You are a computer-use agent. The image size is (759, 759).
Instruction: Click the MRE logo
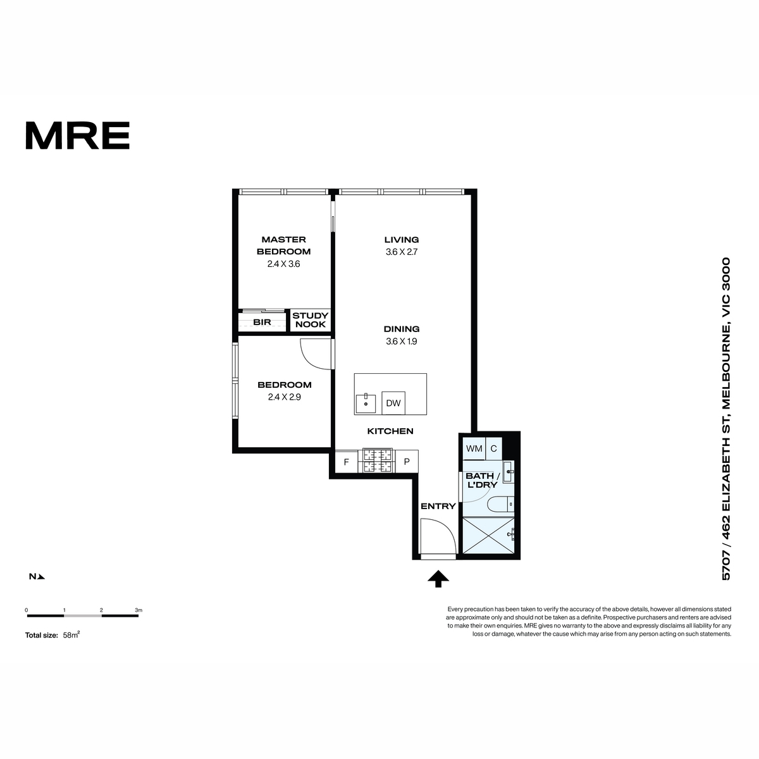point(78,135)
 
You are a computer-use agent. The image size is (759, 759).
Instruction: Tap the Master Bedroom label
point(283,245)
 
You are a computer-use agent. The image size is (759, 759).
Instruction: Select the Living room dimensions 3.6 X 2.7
point(402,252)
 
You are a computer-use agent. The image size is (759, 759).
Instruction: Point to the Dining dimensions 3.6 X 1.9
point(402,342)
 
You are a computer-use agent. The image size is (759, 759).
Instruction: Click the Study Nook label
point(311,320)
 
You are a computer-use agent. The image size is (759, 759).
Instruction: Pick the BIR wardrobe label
point(262,322)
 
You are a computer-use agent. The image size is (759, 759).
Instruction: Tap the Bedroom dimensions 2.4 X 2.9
point(285,397)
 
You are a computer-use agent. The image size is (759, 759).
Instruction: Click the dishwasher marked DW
point(393,402)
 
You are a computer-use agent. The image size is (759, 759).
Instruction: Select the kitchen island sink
point(366,404)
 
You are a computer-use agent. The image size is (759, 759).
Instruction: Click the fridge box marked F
point(346,462)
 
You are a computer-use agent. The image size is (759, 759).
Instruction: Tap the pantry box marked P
point(407,461)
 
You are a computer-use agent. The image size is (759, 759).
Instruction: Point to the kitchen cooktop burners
point(378,460)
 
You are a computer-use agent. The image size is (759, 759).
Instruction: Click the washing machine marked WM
point(474,448)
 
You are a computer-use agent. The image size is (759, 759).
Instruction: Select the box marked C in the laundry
point(493,448)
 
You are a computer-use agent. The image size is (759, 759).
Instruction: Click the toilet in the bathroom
point(500,504)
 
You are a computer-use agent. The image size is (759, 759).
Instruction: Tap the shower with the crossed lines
point(488,536)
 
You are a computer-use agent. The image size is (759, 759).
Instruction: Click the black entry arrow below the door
point(438,579)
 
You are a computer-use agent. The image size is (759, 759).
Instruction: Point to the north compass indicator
point(37,577)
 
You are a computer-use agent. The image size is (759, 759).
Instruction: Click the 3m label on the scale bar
point(139,610)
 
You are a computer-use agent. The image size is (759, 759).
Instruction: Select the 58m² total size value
point(71,635)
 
